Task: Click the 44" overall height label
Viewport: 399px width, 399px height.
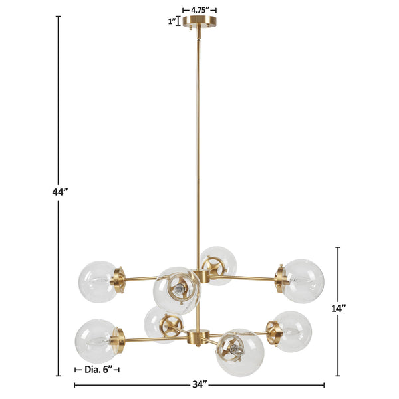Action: click(x=61, y=192)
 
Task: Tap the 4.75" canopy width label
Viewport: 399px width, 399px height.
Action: click(x=200, y=10)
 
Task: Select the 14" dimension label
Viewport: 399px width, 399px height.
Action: click(x=338, y=309)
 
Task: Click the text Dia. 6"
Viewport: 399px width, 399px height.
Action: click(x=97, y=370)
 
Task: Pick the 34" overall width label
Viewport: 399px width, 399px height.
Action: click(x=199, y=384)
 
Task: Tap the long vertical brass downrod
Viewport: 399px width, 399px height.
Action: click(x=199, y=146)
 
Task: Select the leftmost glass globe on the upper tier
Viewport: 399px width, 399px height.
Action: click(x=98, y=281)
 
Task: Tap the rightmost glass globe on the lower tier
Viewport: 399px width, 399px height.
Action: click(x=293, y=331)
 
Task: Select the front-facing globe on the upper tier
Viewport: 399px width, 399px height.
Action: click(x=176, y=290)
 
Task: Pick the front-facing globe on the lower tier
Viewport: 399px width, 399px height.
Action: click(x=239, y=351)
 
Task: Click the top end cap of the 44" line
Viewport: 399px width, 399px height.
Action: click(x=59, y=17)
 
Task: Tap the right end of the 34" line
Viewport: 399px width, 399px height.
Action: click(x=324, y=384)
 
